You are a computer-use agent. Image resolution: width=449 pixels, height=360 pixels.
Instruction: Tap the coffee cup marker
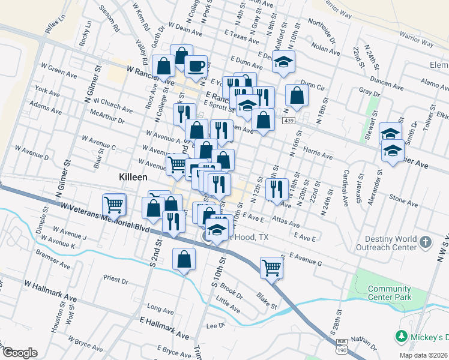[196, 66]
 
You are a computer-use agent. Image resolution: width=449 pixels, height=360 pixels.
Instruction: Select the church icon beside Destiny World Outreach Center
[425, 243]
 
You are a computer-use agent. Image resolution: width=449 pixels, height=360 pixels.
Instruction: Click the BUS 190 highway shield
[340, 347]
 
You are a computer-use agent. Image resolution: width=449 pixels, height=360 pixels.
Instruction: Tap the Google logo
[20, 353]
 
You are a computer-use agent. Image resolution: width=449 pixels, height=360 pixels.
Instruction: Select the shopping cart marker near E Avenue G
[272, 267]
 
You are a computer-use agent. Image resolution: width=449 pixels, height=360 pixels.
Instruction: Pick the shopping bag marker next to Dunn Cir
[297, 94]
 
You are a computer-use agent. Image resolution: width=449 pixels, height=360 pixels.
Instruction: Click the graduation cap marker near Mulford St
[283, 61]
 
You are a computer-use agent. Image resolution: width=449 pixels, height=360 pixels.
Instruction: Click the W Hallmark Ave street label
[50, 290]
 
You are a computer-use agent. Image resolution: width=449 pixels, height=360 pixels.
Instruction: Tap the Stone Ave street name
[403, 197]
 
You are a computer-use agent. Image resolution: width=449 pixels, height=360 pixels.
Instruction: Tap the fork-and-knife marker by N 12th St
[277, 189]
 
